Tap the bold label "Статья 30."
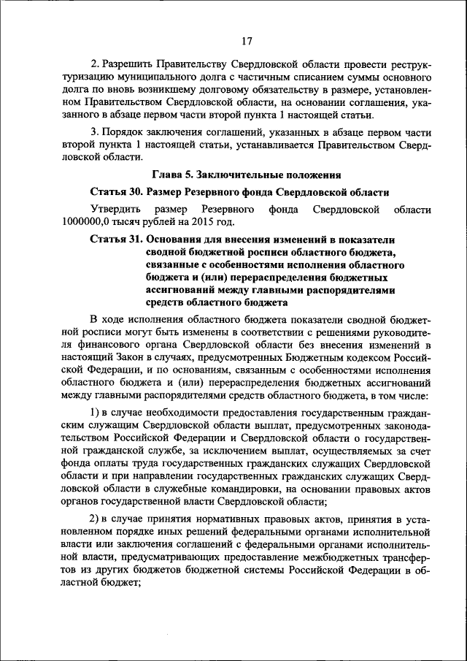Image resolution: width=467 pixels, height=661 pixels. pyautogui.click(x=116, y=192)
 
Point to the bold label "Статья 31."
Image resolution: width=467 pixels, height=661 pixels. pyautogui.click(x=116, y=239)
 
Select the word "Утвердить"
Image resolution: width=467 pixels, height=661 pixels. pyautogui.click(x=115, y=210)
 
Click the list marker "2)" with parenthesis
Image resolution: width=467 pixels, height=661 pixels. pyautogui.click(x=95, y=519)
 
